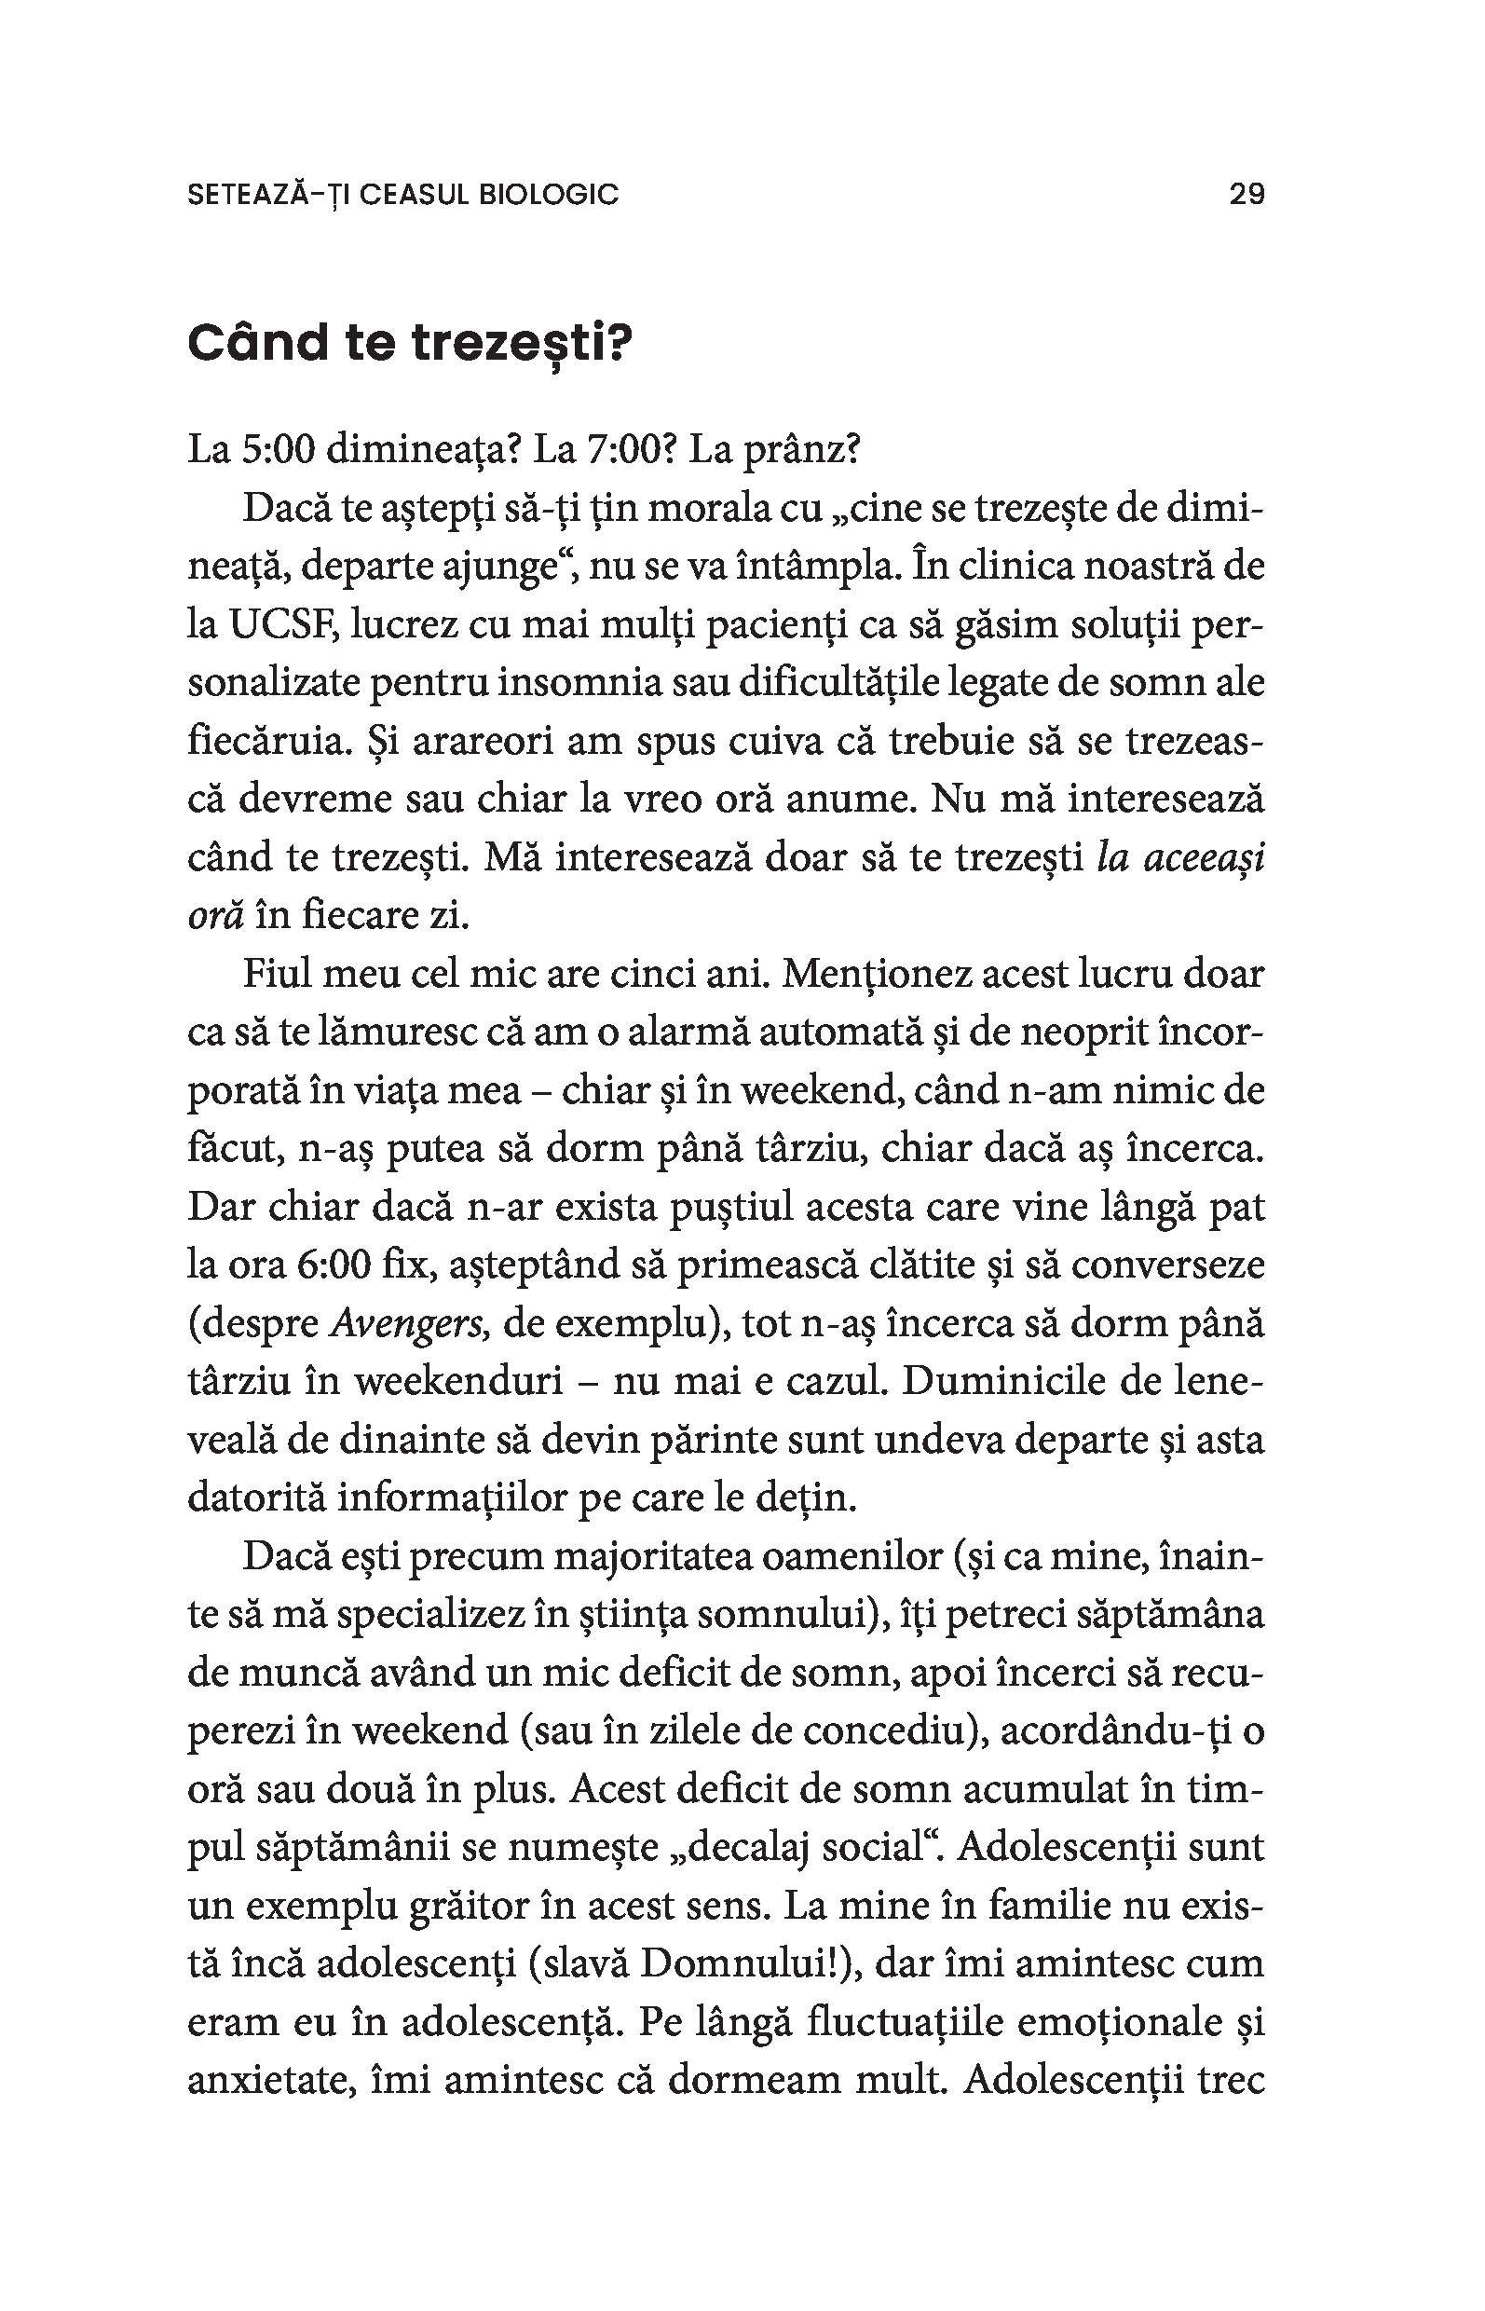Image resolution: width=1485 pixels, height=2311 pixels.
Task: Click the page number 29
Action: [1246, 195]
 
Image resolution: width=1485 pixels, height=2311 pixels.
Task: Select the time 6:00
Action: [334, 1265]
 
